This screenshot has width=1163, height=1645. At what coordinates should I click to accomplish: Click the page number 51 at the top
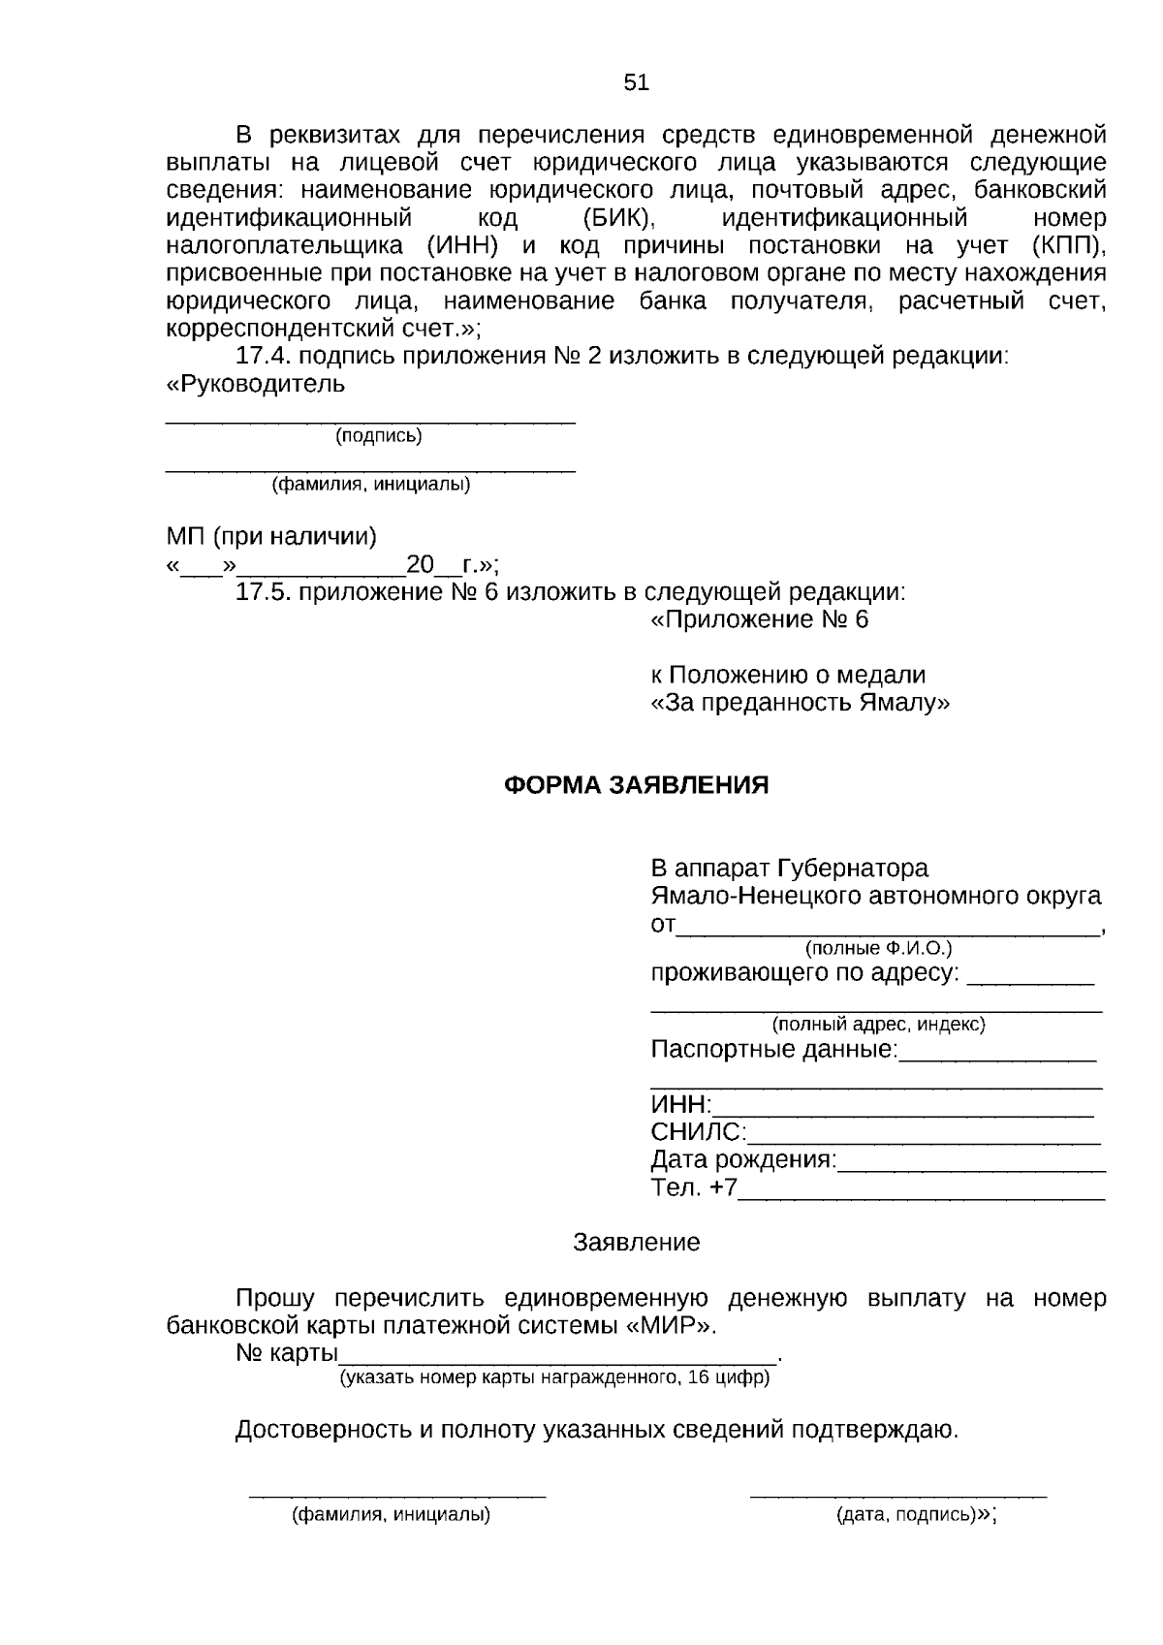(x=636, y=82)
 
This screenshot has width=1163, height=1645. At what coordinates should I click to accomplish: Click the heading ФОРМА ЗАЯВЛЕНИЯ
(x=636, y=785)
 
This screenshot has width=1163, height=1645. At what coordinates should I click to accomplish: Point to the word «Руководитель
(x=256, y=384)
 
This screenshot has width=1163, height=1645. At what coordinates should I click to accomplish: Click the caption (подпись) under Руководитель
(x=379, y=436)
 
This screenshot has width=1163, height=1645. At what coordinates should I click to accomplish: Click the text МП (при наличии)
(x=271, y=536)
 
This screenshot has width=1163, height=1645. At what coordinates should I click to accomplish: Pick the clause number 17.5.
(x=265, y=591)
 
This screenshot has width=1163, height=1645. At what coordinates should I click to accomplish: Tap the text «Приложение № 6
(x=760, y=619)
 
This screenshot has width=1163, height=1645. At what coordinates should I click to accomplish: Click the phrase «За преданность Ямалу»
(x=800, y=703)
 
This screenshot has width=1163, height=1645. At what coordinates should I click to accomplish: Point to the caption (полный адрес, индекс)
(x=878, y=1024)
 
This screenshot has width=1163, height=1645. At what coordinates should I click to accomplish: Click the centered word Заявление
(x=636, y=1243)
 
